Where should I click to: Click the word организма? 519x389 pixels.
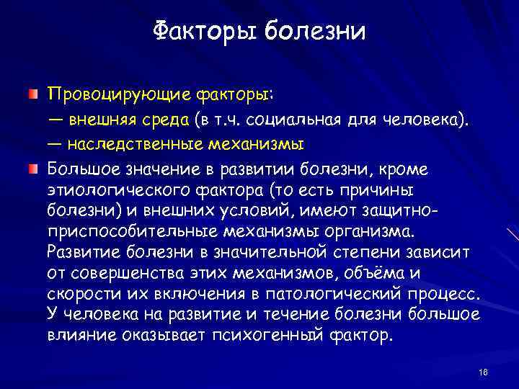369,233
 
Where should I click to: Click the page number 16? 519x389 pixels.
483,371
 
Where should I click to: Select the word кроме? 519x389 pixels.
406,169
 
